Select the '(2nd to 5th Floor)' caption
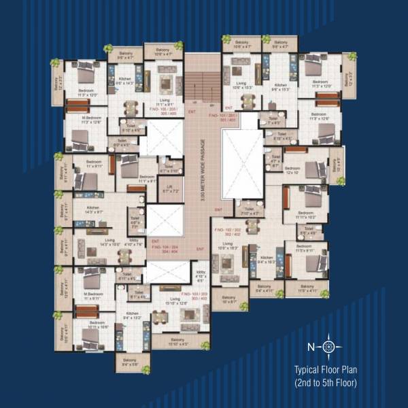click(325, 383)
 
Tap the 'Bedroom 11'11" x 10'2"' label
click(305, 215)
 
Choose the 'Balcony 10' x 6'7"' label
click(228, 299)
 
